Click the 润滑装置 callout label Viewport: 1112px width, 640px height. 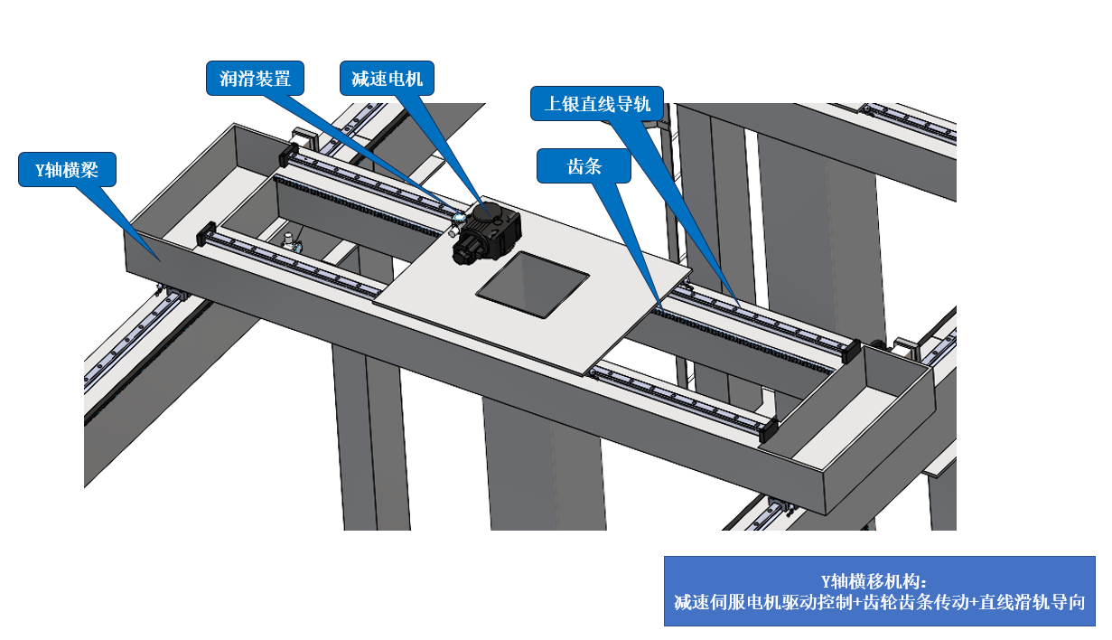click(255, 78)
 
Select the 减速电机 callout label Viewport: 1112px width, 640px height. click(387, 78)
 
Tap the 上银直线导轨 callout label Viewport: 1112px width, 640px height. click(597, 103)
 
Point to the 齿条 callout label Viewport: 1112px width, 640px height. click(584, 166)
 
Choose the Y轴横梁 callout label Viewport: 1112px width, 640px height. click(67, 170)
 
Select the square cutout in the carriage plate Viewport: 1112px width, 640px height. click(533, 284)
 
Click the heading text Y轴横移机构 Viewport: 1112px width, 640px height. click(874, 581)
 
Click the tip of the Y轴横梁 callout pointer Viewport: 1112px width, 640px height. click(160, 261)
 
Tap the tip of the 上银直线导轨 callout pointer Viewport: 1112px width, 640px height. click(740, 306)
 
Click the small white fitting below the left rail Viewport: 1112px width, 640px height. click(289, 241)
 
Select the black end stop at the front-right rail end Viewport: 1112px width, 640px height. click(769, 430)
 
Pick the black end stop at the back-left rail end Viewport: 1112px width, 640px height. click(288, 155)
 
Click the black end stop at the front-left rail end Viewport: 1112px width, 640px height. click(206, 233)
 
